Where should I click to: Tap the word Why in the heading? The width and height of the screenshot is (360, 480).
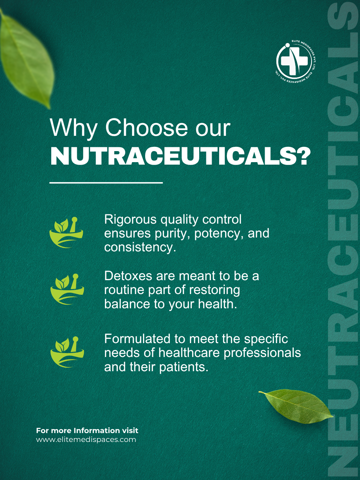click(73, 128)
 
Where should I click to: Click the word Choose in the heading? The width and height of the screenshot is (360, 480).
click(146, 128)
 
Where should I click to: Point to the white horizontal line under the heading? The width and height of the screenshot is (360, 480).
click(106, 182)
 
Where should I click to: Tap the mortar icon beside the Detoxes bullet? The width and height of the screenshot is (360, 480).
click(67, 289)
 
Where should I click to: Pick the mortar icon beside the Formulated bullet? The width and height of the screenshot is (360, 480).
click(67, 352)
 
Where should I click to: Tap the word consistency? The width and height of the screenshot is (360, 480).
click(140, 248)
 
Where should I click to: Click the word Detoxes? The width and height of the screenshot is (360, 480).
click(128, 276)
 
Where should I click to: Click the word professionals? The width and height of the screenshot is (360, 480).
click(262, 353)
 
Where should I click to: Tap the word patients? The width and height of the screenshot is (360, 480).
click(184, 367)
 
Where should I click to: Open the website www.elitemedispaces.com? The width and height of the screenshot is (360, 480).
click(86, 439)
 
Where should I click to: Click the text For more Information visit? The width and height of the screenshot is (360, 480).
click(87, 430)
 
